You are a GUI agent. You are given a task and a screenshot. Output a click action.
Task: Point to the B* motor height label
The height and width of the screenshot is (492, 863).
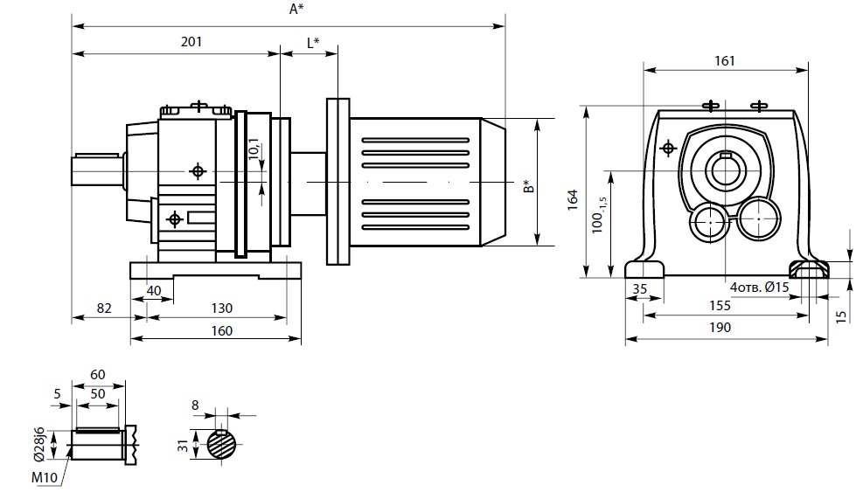pyautogui.click(x=526, y=187)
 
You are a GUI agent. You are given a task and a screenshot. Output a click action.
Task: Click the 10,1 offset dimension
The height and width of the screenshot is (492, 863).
pyautogui.click(x=254, y=152)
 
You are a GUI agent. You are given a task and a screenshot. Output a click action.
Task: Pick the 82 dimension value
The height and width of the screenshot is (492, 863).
pyautogui.click(x=104, y=308)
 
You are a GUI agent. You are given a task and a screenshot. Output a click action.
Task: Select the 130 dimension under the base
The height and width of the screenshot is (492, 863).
pyautogui.click(x=222, y=308)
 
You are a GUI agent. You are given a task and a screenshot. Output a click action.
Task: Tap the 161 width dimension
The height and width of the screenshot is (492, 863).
pyautogui.click(x=725, y=60)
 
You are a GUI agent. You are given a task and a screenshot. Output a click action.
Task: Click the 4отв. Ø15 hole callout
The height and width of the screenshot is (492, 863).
pyautogui.click(x=759, y=286)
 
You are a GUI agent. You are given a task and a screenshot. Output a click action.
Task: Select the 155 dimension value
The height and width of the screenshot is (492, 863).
pyautogui.click(x=719, y=306)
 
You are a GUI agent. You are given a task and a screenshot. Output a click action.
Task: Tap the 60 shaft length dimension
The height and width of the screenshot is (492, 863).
pyautogui.click(x=97, y=375)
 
